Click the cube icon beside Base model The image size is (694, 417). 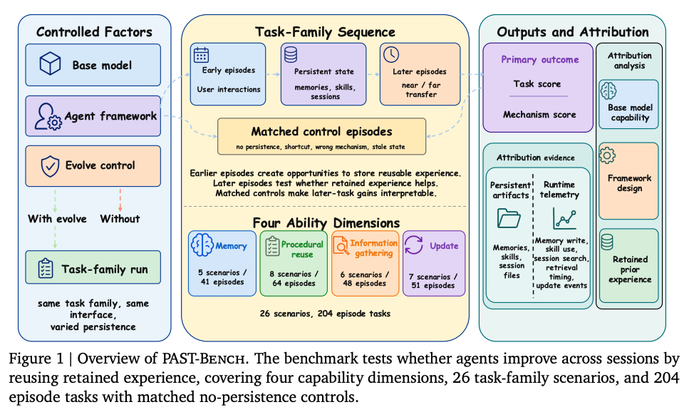50,63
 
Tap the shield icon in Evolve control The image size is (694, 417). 50,166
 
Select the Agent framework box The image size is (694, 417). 93,116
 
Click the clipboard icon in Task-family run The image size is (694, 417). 46,268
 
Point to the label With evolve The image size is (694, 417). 57,219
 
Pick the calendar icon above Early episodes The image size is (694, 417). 202,55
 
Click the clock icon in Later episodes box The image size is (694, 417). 391,54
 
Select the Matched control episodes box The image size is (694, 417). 322,136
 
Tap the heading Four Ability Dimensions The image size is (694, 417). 326,222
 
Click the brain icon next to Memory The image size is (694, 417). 202,244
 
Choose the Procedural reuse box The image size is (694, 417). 294,263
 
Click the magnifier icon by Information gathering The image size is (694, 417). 341,245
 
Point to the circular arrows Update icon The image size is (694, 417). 414,244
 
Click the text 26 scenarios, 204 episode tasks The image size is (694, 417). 326,314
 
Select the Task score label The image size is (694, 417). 537,83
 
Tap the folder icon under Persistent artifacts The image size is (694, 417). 509,219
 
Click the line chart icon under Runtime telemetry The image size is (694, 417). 564,218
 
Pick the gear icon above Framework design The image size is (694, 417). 607,155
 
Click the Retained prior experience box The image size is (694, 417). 629,266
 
